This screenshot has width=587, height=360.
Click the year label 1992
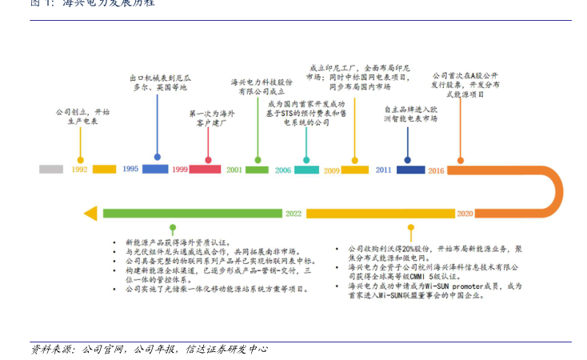79,170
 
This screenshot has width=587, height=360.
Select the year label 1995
130,169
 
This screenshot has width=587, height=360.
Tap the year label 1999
179,170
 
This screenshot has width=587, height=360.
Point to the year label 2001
234,170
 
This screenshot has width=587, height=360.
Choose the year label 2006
283,170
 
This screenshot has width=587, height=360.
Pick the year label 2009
331,170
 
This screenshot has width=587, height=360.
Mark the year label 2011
384,169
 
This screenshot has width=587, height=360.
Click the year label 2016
436,170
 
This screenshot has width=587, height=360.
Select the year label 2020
465,214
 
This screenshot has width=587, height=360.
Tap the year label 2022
293,214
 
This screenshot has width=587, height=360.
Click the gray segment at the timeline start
51,169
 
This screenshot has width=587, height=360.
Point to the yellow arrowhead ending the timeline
90,213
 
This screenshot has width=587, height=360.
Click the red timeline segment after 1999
205,170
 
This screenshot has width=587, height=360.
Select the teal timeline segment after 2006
306,170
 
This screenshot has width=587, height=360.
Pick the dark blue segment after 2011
411,170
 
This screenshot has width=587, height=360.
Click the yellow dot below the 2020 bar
410,228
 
